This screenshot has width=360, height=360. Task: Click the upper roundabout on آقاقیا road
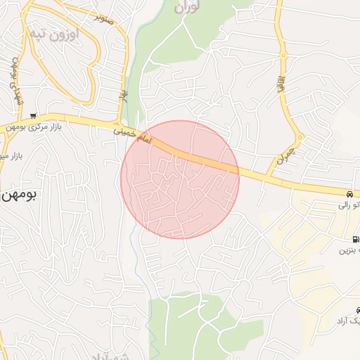tap(283, 56)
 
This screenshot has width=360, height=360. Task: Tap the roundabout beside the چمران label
tap(300, 137)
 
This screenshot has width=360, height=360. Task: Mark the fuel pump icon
tap(354, 239)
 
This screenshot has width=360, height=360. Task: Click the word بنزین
tap(349, 250)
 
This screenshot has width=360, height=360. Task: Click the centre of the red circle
tap(181, 179)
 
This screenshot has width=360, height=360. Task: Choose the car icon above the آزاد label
tap(357, 310)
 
